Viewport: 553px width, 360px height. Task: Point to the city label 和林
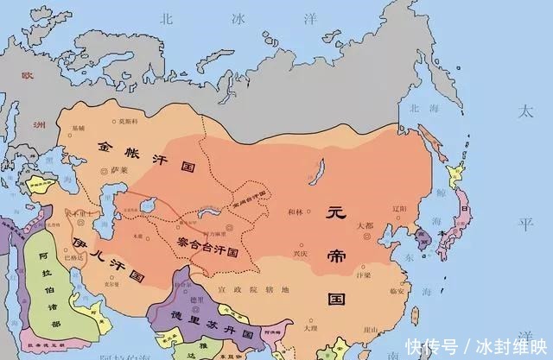(x=296, y=212)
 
